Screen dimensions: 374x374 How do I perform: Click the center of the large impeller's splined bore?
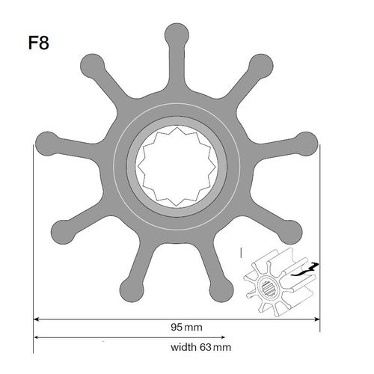[176, 165]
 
